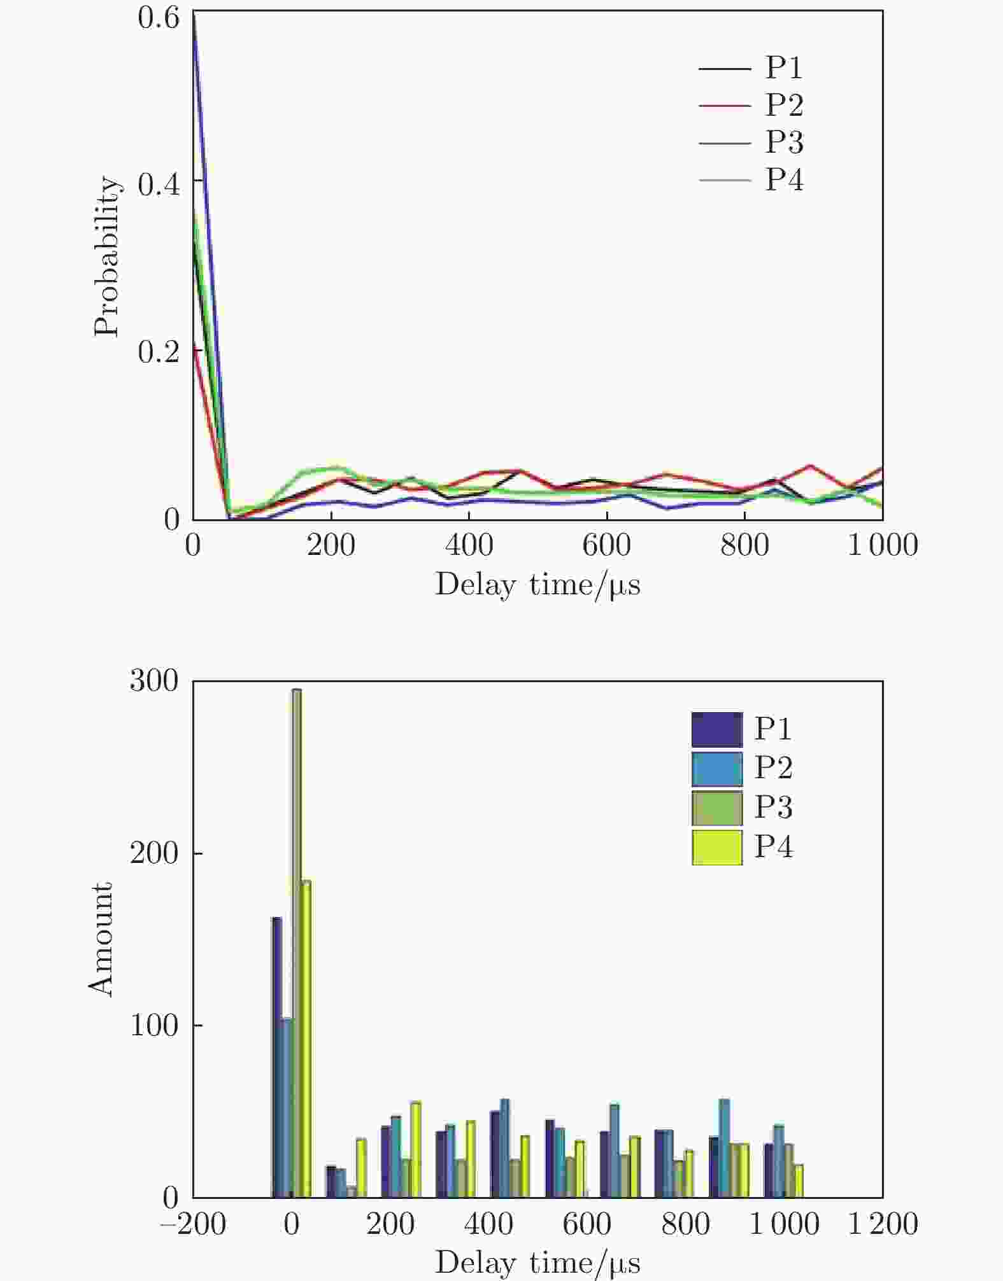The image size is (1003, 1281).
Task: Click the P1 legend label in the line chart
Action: click(x=783, y=67)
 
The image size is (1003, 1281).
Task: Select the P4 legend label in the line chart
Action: click(x=783, y=179)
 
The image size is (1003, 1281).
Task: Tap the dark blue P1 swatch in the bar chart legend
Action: click(x=717, y=729)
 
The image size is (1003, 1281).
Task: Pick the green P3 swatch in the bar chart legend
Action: click(x=717, y=808)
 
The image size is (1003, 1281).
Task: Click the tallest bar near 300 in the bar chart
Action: click(x=296, y=942)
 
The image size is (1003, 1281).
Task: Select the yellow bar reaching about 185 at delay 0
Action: click(x=306, y=1037)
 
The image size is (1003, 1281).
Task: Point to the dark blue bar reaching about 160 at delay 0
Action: click(x=276, y=1056)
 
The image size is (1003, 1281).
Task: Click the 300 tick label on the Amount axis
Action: click(x=154, y=681)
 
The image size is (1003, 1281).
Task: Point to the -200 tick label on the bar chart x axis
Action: click(x=193, y=1224)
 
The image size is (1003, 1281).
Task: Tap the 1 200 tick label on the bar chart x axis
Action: click(x=883, y=1224)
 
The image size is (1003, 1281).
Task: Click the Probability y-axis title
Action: click(x=107, y=256)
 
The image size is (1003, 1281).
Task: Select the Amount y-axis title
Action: click(x=101, y=939)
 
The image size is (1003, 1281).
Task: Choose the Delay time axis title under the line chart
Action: click(x=537, y=584)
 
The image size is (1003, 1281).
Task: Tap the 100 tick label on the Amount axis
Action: click(x=154, y=1025)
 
